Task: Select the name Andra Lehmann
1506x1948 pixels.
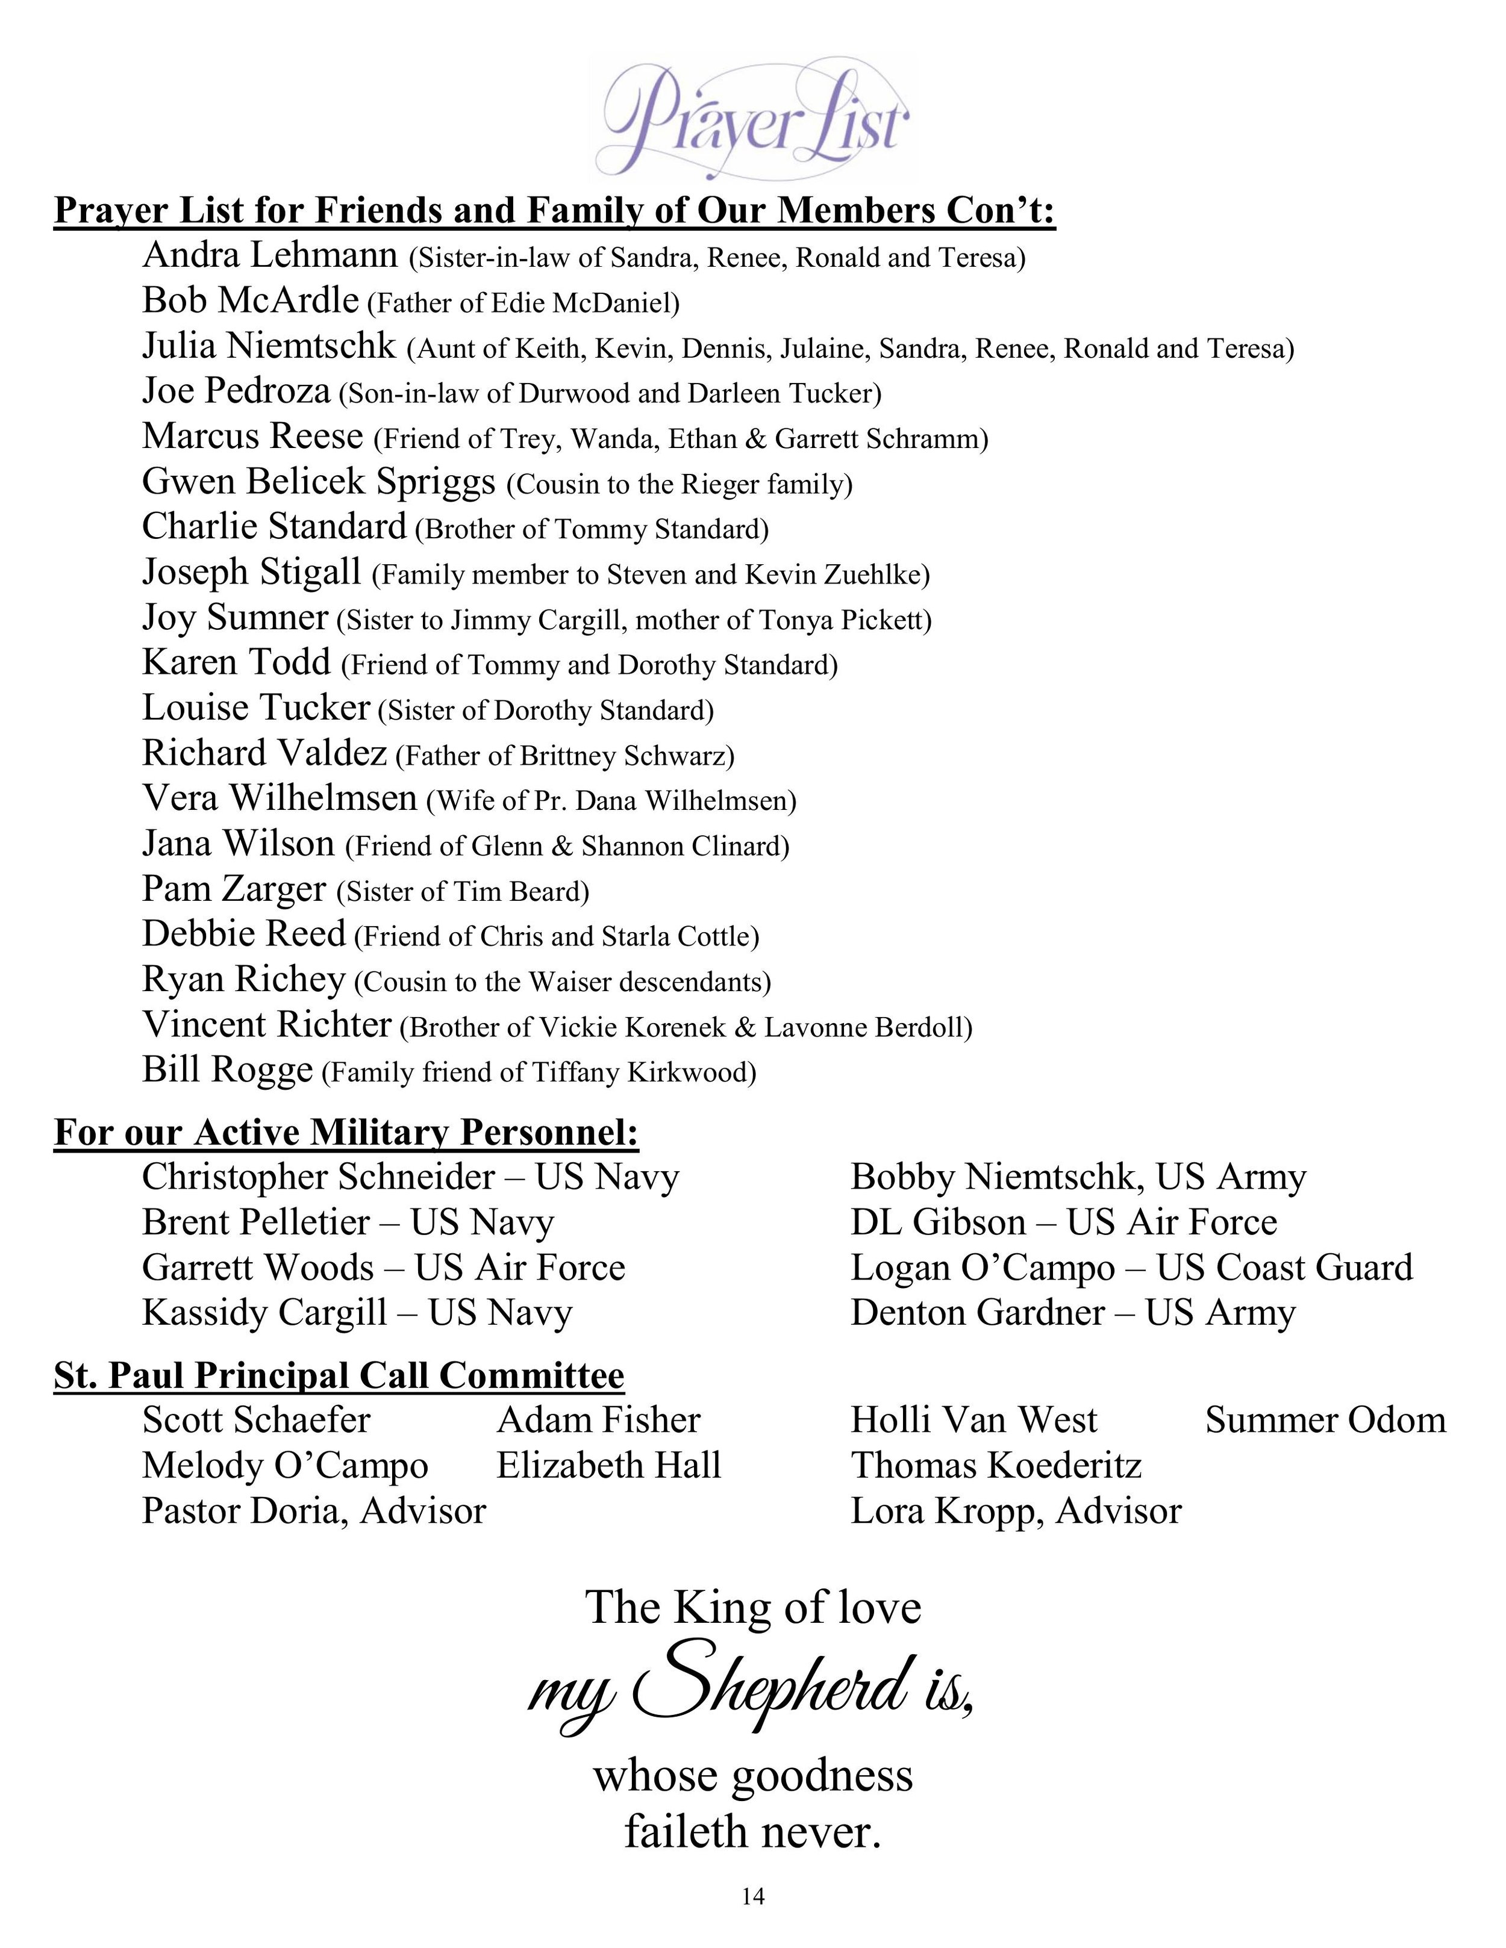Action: [269, 255]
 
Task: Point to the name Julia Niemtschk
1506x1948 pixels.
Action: [269, 346]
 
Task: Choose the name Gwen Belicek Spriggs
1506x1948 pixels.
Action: [319, 482]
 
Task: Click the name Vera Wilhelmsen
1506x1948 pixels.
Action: [280, 798]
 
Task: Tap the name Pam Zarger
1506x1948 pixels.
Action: [234, 889]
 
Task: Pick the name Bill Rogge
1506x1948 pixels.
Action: [228, 1070]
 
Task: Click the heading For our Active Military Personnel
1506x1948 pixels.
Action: [346, 1133]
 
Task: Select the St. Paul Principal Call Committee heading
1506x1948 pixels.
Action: [339, 1375]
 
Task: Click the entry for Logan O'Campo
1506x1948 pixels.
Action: [1131, 1268]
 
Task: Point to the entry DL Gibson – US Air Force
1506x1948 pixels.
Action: [1063, 1222]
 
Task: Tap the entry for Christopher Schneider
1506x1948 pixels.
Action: [410, 1177]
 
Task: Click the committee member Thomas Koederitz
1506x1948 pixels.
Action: [996, 1466]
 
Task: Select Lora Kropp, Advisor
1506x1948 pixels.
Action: [1015, 1511]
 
